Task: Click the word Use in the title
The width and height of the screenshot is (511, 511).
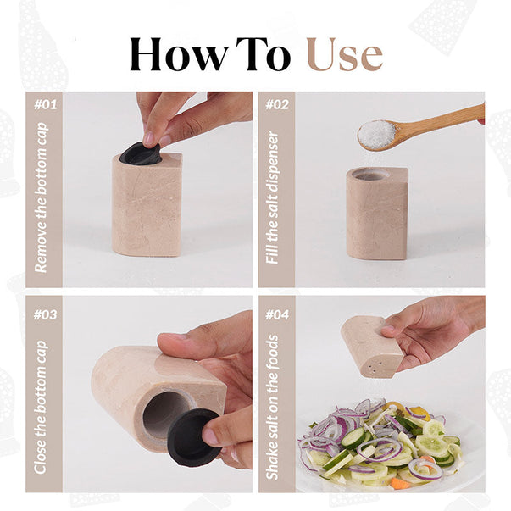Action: click(x=345, y=55)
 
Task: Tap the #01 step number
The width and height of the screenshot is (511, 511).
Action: click(x=46, y=105)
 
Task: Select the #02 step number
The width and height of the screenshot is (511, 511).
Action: click(x=277, y=105)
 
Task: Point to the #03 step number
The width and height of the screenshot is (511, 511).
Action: click(x=45, y=314)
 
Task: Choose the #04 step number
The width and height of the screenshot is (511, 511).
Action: click(x=277, y=314)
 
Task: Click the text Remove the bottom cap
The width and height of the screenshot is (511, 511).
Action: click(x=42, y=197)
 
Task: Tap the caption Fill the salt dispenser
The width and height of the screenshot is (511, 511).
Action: click(x=272, y=197)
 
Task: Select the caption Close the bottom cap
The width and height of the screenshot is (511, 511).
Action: click(x=41, y=408)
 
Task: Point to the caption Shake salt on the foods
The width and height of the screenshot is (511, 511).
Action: click(x=272, y=408)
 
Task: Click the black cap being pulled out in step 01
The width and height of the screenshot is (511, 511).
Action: click(x=140, y=153)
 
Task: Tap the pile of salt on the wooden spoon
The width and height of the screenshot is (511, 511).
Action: click(x=377, y=133)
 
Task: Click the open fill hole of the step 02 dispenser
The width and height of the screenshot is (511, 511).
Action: click(x=372, y=175)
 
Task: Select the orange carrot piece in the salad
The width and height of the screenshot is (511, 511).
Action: click(x=400, y=483)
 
